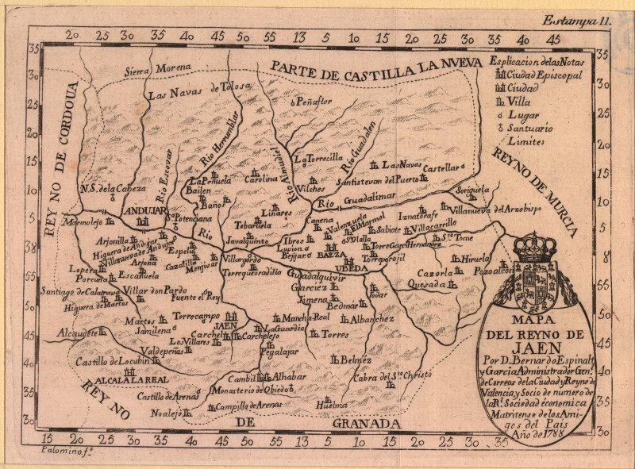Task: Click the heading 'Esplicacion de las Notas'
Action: tap(537, 61)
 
